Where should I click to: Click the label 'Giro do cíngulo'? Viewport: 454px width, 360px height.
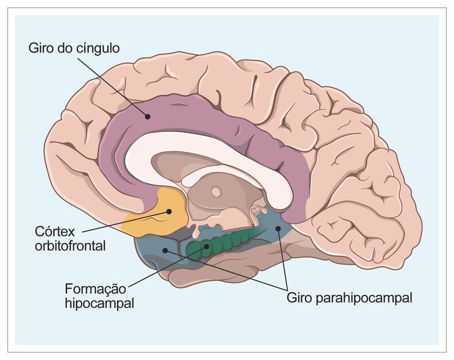(74, 48)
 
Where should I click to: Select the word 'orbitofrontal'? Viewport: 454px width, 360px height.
(71, 247)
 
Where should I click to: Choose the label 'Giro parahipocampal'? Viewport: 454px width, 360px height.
(349, 298)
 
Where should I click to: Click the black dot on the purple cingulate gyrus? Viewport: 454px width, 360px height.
(147, 116)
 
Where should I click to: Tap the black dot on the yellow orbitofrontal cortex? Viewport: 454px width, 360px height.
(169, 212)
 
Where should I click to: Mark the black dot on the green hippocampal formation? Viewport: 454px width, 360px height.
(207, 247)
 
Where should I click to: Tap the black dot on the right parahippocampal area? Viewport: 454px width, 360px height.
(278, 229)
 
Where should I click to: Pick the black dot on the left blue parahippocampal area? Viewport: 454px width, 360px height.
(166, 250)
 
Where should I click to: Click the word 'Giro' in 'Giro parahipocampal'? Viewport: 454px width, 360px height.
(299, 298)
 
